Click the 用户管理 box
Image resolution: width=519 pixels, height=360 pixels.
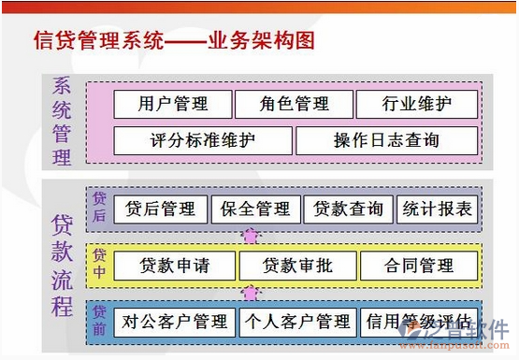click(x=172, y=104)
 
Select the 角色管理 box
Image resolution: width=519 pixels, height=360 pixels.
click(x=294, y=104)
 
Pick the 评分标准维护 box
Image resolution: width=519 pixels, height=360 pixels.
click(x=202, y=140)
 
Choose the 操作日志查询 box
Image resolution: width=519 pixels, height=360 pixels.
click(x=385, y=140)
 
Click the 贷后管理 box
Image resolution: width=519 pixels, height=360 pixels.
click(x=159, y=209)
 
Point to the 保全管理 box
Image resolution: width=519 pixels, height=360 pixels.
click(x=255, y=209)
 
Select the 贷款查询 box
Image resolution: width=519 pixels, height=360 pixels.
click(x=348, y=209)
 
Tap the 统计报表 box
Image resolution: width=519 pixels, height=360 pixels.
click(x=437, y=209)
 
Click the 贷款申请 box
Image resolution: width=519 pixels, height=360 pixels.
click(x=174, y=266)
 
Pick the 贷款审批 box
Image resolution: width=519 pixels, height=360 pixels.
click(x=297, y=266)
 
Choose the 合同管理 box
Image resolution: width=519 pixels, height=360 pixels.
click(x=418, y=266)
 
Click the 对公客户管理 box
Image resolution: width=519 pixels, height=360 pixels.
click(x=175, y=323)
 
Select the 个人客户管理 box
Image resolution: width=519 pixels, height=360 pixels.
click(x=296, y=323)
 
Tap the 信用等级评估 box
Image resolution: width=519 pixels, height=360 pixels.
click(x=418, y=323)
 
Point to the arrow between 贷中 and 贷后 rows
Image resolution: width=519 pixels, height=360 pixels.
click(x=250, y=237)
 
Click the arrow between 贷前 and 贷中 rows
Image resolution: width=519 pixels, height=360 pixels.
click(x=250, y=294)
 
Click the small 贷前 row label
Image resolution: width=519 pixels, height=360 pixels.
click(x=99, y=321)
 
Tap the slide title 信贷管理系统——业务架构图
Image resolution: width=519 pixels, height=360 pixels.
click(x=173, y=42)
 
